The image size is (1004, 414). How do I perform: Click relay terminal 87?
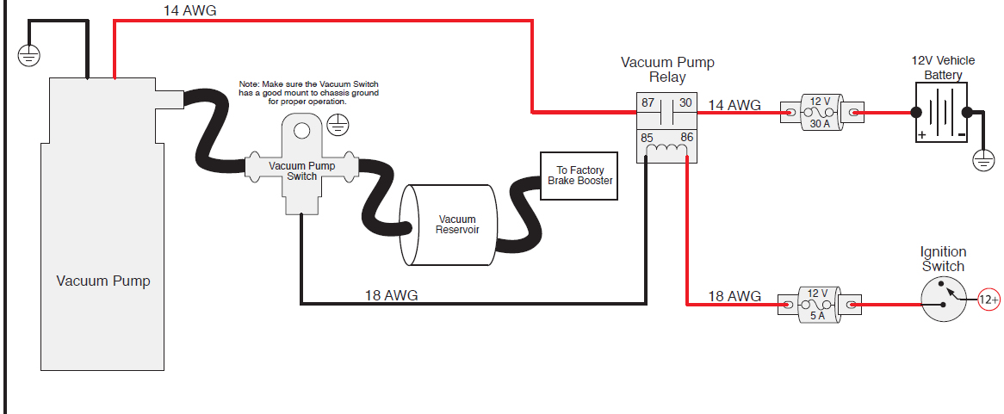647,103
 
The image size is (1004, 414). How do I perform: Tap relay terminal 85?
647,137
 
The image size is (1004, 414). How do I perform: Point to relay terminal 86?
687,137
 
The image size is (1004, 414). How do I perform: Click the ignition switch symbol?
945,300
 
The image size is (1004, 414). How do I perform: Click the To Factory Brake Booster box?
579,176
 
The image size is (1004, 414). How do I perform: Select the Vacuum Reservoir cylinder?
451,225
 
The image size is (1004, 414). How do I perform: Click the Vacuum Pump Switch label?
301,170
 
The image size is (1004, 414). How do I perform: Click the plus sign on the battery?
922,135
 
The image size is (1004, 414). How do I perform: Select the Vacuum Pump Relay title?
667,70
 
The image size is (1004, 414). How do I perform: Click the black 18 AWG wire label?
391,295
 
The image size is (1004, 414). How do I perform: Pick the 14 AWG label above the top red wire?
189,11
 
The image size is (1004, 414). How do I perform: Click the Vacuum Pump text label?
103,281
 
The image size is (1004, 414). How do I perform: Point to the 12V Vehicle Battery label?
943,68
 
